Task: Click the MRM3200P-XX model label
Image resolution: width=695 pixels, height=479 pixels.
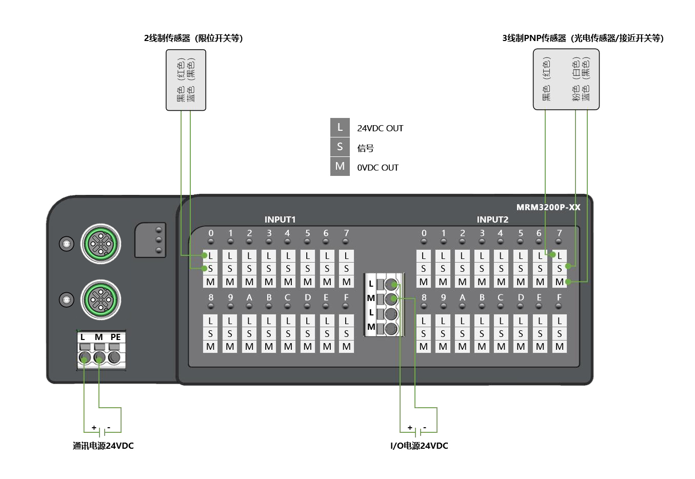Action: (x=548, y=207)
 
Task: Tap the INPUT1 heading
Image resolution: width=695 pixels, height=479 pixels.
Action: (x=280, y=219)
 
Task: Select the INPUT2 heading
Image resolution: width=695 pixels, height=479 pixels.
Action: (x=492, y=219)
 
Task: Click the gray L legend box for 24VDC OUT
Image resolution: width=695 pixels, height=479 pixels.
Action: (x=340, y=127)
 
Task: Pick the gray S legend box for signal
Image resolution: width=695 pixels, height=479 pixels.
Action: (x=340, y=147)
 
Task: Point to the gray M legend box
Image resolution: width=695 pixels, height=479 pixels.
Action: (x=340, y=167)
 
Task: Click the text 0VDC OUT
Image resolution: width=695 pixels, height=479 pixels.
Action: (x=378, y=168)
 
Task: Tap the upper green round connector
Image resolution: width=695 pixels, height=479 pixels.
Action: (x=101, y=244)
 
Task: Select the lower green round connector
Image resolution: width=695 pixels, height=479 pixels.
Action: (x=101, y=299)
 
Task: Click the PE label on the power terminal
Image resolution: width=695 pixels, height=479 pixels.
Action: (x=115, y=337)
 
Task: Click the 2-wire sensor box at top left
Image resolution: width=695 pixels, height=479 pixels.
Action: (x=186, y=80)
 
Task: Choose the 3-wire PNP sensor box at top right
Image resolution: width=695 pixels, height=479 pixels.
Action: (x=566, y=79)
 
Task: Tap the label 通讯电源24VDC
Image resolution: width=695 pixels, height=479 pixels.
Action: (x=103, y=446)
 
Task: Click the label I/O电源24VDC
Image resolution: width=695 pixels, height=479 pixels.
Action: (x=419, y=446)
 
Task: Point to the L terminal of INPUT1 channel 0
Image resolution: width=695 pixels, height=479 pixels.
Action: (x=210, y=255)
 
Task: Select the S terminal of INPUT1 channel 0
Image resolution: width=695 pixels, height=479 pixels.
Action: (x=210, y=268)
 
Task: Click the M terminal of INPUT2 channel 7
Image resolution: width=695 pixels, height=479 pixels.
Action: (x=560, y=282)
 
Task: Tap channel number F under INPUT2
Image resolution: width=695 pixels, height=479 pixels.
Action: (x=559, y=297)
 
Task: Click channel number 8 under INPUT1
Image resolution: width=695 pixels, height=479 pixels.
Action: (x=210, y=297)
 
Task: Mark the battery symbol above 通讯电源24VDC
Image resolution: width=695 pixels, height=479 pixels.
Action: (x=102, y=430)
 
